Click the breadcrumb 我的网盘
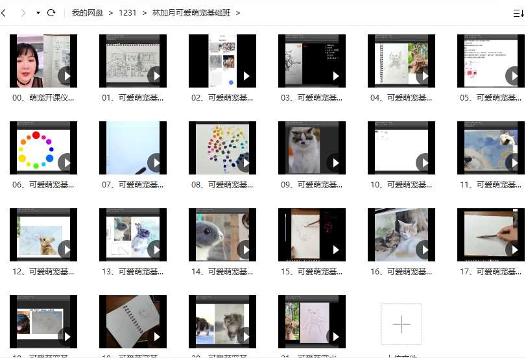[87, 13]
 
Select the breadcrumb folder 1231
[127, 13]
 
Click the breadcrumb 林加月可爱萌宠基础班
[191, 13]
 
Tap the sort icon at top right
[518, 13]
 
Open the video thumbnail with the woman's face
[43, 61]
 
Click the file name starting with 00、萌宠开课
[43, 98]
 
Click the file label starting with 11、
[490, 185]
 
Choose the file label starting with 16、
[401, 272]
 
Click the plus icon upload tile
[401, 324]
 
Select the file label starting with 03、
[311, 98]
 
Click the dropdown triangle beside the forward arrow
[38, 13]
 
